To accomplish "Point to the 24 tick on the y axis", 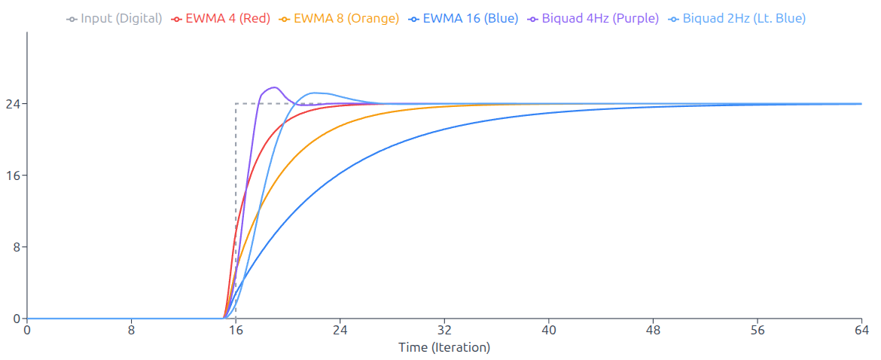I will [x=13, y=104].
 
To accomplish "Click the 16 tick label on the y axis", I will [x=13, y=175].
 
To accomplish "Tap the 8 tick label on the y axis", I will [x=17, y=247].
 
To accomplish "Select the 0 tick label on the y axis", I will [x=17, y=319].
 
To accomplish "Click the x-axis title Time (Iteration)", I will [x=444, y=347].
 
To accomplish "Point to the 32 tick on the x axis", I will [x=444, y=330].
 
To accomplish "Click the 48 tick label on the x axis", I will [x=653, y=330].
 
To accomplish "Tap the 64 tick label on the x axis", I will [x=861, y=330].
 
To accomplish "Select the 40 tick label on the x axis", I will [x=549, y=330].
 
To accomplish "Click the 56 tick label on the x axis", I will [x=758, y=330].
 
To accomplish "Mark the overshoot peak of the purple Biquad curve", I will [x=273, y=87].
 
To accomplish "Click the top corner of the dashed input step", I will [x=236, y=104].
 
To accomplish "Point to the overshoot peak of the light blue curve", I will [x=316, y=93].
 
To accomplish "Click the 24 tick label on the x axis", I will [x=340, y=330].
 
